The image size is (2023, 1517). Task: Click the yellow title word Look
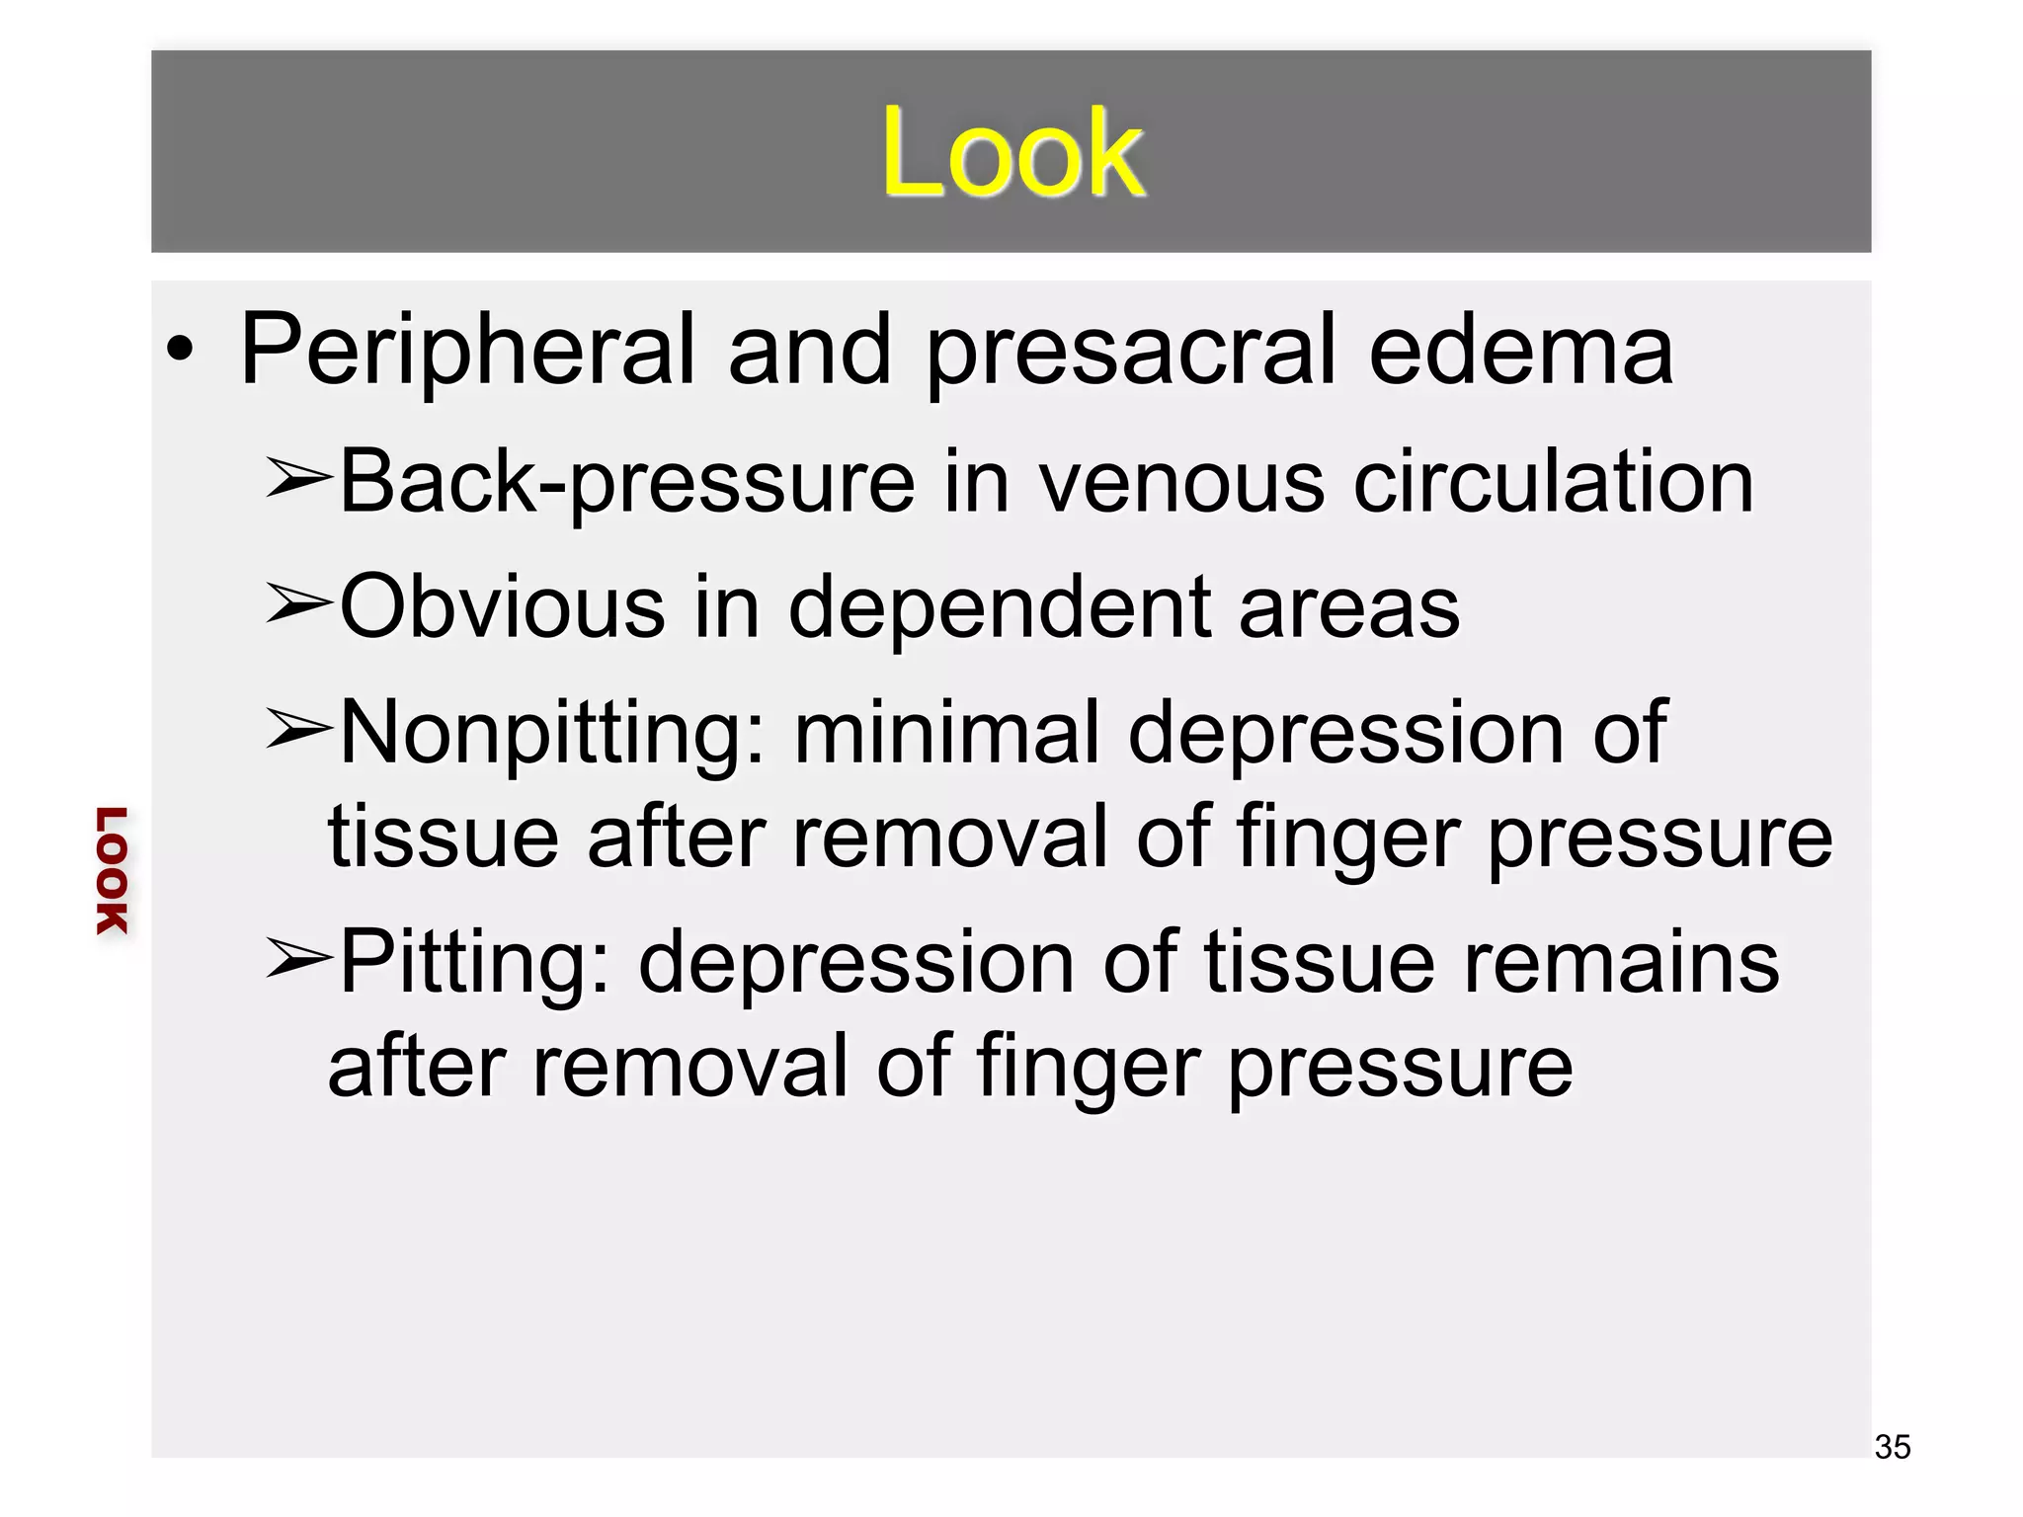pyautogui.click(x=1012, y=153)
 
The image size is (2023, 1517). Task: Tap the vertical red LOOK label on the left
pyautogui.click(x=112, y=870)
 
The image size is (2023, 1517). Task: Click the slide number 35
pyautogui.click(x=1893, y=1447)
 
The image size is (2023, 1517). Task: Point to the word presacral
pyautogui.click(x=1131, y=351)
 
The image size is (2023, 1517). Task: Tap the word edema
pyautogui.click(x=1520, y=351)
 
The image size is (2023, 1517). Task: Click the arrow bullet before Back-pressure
pyautogui.click(x=297, y=481)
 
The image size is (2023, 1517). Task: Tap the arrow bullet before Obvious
pyautogui.click(x=297, y=605)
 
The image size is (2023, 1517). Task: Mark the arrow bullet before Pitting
pyautogui.click(x=297, y=960)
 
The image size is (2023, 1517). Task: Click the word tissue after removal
pyautogui.click(x=444, y=838)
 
